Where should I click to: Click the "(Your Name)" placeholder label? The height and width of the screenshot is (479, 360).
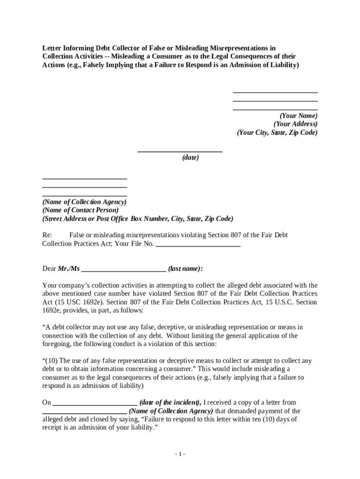(x=298, y=116)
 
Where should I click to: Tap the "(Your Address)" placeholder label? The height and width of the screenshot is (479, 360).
(x=295, y=124)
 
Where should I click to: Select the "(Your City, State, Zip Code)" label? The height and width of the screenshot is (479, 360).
(x=277, y=132)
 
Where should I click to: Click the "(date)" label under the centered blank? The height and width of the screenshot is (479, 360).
(x=190, y=158)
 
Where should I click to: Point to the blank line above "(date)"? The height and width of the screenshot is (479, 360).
(x=180, y=152)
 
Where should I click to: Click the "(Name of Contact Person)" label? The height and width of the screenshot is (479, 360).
(x=80, y=210)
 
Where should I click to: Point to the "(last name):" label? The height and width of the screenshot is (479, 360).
(x=186, y=269)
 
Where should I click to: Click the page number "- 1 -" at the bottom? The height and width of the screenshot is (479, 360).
(x=180, y=454)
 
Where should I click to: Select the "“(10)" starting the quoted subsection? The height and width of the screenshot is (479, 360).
(x=50, y=361)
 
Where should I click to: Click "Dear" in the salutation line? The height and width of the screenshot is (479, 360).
(x=49, y=269)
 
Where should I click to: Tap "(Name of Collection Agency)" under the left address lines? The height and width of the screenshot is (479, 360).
(x=84, y=202)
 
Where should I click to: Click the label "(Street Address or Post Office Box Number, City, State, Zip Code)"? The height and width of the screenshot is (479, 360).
(x=137, y=218)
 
